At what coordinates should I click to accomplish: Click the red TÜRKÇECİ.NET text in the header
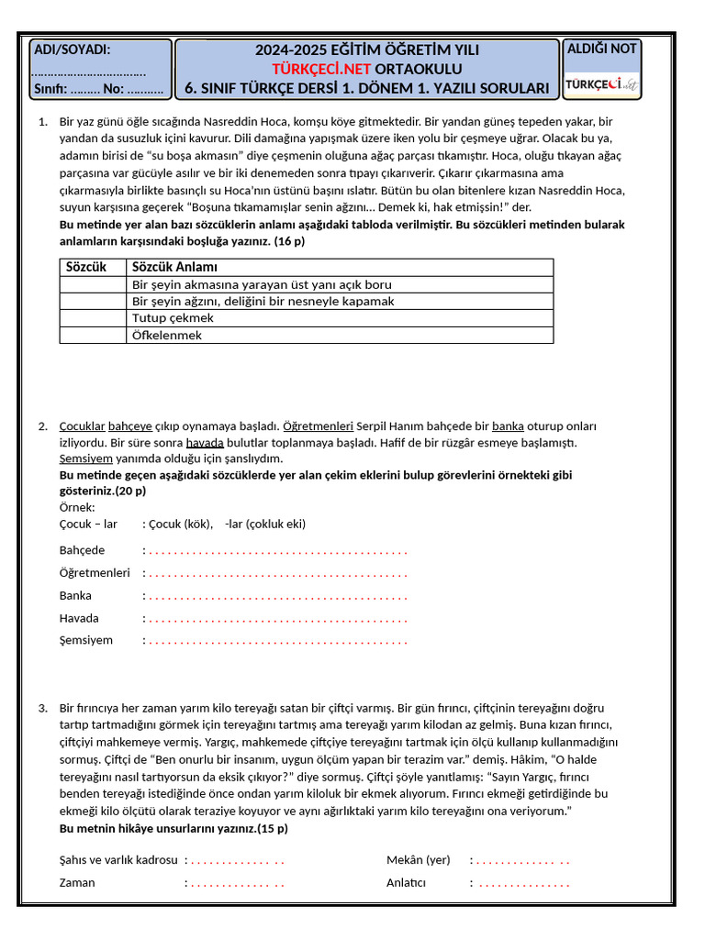point(318,69)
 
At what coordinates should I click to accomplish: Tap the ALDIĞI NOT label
point(602,49)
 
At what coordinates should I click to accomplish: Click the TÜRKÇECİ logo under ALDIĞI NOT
point(602,84)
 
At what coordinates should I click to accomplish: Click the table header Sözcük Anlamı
point(175,267)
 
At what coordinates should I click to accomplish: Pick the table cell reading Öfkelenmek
point(167,335)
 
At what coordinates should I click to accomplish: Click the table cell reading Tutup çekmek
point(173,318)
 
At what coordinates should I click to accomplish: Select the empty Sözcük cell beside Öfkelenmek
point(93,335)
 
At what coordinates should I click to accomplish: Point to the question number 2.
point(43,425)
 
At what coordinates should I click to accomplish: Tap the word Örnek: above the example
point(77,507)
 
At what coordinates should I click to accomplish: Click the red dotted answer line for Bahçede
point(277,551)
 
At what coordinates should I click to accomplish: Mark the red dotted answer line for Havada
point(277,619)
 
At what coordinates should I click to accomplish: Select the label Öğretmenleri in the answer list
point(95,573)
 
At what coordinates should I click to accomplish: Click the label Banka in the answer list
point(75,596)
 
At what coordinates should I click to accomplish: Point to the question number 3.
point(43,708)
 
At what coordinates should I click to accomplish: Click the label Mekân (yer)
point(419,860)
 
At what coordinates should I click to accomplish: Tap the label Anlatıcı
point(407,882)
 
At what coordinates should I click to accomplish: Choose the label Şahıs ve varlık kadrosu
point(118,860)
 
